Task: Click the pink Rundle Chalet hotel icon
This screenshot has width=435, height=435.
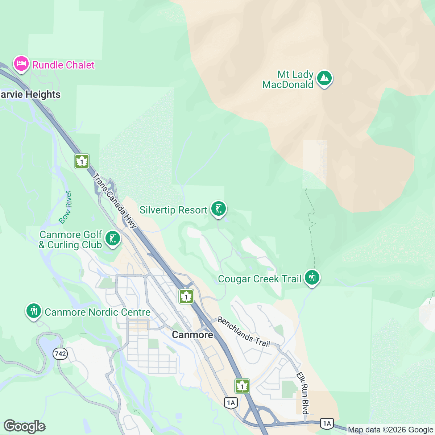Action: pos(21,64)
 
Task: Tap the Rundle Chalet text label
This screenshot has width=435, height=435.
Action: pos(63,65)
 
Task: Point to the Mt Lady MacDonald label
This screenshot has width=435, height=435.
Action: pos(288,80)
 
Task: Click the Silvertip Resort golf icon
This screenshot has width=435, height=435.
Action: pos(219,209)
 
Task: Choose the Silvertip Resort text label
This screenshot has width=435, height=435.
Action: pos(173,210)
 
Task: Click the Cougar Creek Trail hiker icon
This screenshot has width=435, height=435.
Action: pos(312,278)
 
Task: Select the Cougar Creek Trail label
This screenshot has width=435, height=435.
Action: pos(260,279)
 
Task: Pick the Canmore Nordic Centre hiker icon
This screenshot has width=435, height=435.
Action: pos(34,311)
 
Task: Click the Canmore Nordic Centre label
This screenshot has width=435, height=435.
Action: pos(98,312)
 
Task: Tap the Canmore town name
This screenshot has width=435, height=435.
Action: pos(192,335)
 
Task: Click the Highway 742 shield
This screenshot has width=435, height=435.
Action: pos(60,353)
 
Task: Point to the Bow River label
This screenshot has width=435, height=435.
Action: pos(66,207)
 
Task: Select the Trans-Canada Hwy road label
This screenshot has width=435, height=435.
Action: pos(115,201)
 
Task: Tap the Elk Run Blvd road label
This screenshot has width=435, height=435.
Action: pos(303,393)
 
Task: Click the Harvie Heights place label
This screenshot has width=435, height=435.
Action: pos(30,95)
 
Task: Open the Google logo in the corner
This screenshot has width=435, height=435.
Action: pos(24,427)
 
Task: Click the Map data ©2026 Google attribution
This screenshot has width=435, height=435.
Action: pos(390,430)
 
